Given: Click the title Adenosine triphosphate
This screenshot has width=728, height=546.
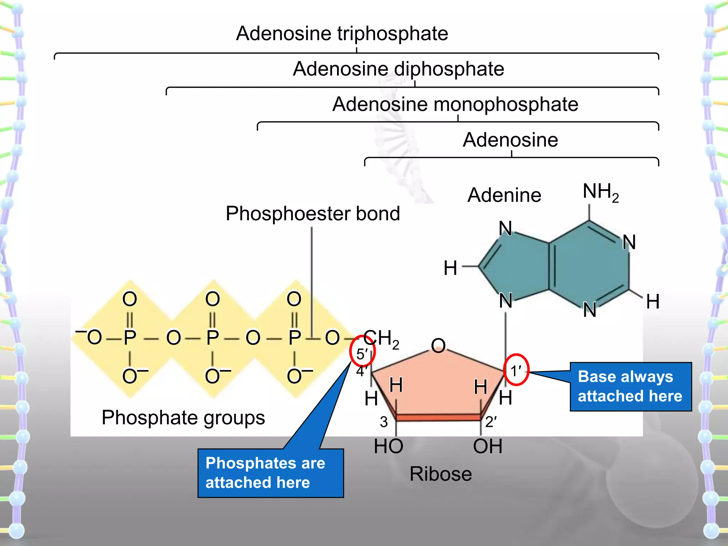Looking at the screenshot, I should point(342,34).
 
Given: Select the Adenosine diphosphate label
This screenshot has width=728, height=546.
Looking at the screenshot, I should point(398,69).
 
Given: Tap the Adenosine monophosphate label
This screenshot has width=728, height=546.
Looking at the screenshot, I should point(455,105).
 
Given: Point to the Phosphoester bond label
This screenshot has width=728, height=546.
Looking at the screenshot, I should point(313,214).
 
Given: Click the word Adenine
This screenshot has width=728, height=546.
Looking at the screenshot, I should point(504,195).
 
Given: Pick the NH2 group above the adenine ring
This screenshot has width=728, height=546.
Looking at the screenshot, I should point(600,192).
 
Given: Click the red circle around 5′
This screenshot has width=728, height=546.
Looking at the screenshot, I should point(362,352).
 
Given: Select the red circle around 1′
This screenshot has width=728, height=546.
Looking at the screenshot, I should point(516,370).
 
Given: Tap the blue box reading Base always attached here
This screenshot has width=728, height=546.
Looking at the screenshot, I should point(630,386).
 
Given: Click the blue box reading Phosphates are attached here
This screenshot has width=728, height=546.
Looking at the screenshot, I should point(270,473).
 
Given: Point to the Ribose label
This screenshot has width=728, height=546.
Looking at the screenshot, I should point(440,474).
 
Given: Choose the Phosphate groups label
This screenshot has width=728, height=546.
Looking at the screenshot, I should point(183,418).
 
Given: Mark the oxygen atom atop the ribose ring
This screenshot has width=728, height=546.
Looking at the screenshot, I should point(438,346).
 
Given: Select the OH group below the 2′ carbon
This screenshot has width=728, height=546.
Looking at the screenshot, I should point(488,446).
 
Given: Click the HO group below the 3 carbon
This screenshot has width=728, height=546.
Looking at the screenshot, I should point(389,446).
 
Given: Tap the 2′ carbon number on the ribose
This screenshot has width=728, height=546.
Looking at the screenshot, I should point(491,422).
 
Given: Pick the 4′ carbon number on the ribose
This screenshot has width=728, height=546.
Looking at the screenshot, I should point(362,371).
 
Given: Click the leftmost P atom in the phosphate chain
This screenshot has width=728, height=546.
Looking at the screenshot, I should point(130,337).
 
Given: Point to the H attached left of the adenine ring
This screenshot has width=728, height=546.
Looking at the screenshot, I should point(450,268).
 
